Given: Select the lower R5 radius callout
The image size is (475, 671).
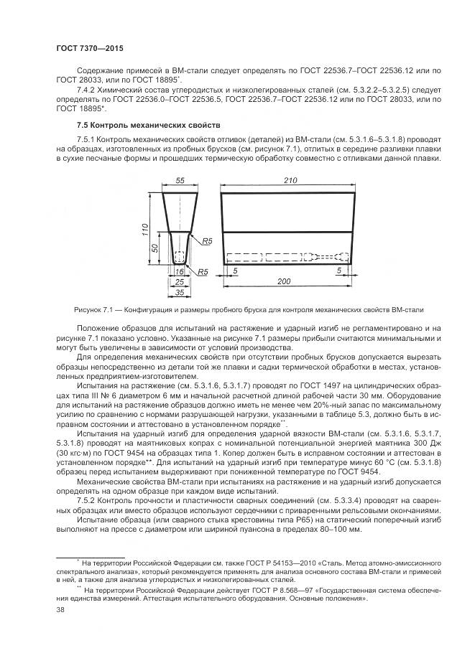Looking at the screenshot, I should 203,272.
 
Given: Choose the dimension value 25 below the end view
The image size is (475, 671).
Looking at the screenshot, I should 180,283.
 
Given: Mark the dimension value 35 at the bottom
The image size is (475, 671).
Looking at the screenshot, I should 180,293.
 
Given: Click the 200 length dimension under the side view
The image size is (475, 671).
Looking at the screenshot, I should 284,281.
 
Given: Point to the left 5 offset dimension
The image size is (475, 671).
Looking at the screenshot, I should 236,271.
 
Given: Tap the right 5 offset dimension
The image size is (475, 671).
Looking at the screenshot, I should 338,271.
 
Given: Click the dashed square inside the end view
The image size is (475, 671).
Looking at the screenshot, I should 180,256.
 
